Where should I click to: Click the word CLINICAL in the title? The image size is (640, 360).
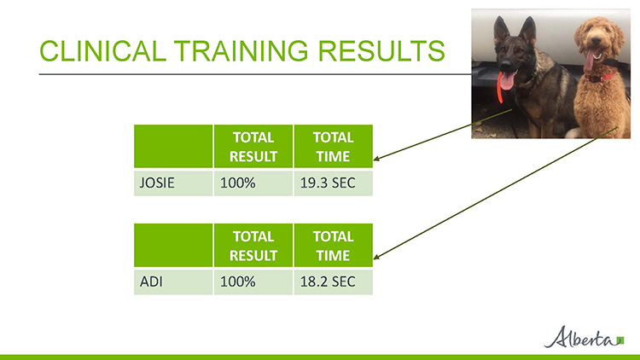102,51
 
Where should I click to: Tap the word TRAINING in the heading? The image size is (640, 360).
242,51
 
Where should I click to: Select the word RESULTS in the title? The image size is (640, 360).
381,51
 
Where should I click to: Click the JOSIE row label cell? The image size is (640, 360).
173,183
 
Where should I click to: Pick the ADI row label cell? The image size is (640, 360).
173,282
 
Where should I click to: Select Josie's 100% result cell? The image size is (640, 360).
253,183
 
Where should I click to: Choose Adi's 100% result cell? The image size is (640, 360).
253,282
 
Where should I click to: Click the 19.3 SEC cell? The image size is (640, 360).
333,183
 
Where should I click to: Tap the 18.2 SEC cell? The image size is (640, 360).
333,282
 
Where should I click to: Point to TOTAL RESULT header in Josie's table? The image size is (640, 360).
253,147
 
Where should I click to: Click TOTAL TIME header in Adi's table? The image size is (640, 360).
333,246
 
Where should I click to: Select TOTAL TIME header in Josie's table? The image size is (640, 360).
333,147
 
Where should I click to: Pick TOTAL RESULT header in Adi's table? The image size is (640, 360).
253,246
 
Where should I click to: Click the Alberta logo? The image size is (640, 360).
584,337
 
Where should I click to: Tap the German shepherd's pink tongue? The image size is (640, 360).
507,81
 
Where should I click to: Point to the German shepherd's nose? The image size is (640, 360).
505,65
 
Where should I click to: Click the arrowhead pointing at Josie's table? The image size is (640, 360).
376,159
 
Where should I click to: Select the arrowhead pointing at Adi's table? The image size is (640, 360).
376,256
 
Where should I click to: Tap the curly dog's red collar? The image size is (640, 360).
600,76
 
